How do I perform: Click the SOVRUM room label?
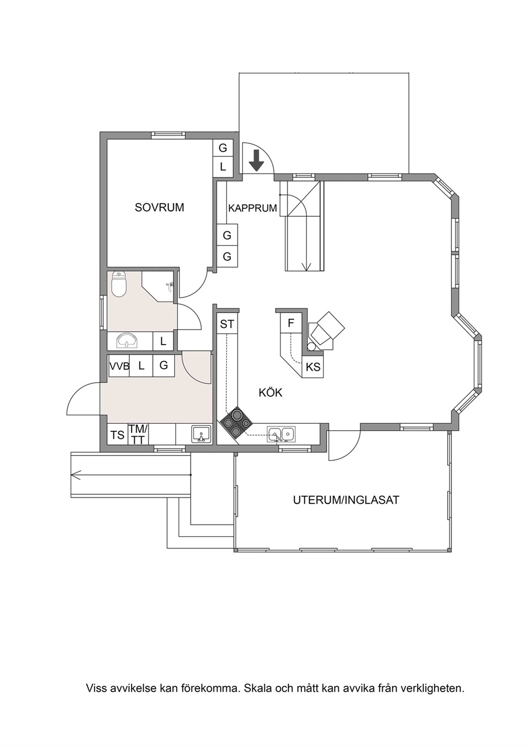159,208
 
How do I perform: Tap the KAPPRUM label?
252,208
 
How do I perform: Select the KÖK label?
270,392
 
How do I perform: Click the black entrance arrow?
257,160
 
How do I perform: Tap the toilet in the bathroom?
119,284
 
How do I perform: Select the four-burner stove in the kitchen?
236,423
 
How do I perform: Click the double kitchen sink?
282,433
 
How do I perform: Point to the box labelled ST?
227,324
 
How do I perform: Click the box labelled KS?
312,367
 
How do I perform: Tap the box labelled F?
291,323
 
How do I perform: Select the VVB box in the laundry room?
119,366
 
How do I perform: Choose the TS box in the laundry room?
117,435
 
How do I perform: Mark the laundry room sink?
201,434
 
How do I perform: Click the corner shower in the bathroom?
158,286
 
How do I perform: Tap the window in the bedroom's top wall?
168,135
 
